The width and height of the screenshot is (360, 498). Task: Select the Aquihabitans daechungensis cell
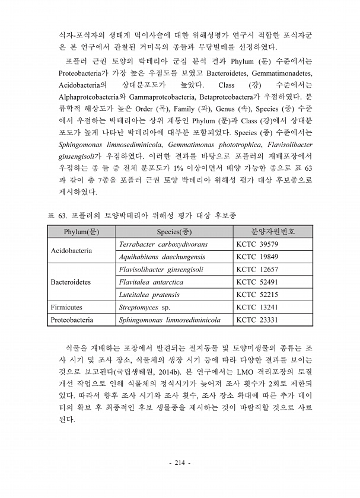pos(162,257)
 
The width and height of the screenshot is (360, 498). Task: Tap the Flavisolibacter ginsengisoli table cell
pos(161,270)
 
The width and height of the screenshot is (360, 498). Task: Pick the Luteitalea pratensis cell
pos(149,295)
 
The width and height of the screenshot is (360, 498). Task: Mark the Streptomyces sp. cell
pos(145,308)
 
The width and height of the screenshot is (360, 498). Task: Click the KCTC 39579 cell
pos(257,244)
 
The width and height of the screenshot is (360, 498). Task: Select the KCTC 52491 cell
pos(257,282)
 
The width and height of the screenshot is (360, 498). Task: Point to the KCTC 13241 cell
pos(257,308)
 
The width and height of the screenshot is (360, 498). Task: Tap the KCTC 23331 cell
pos(257,320)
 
